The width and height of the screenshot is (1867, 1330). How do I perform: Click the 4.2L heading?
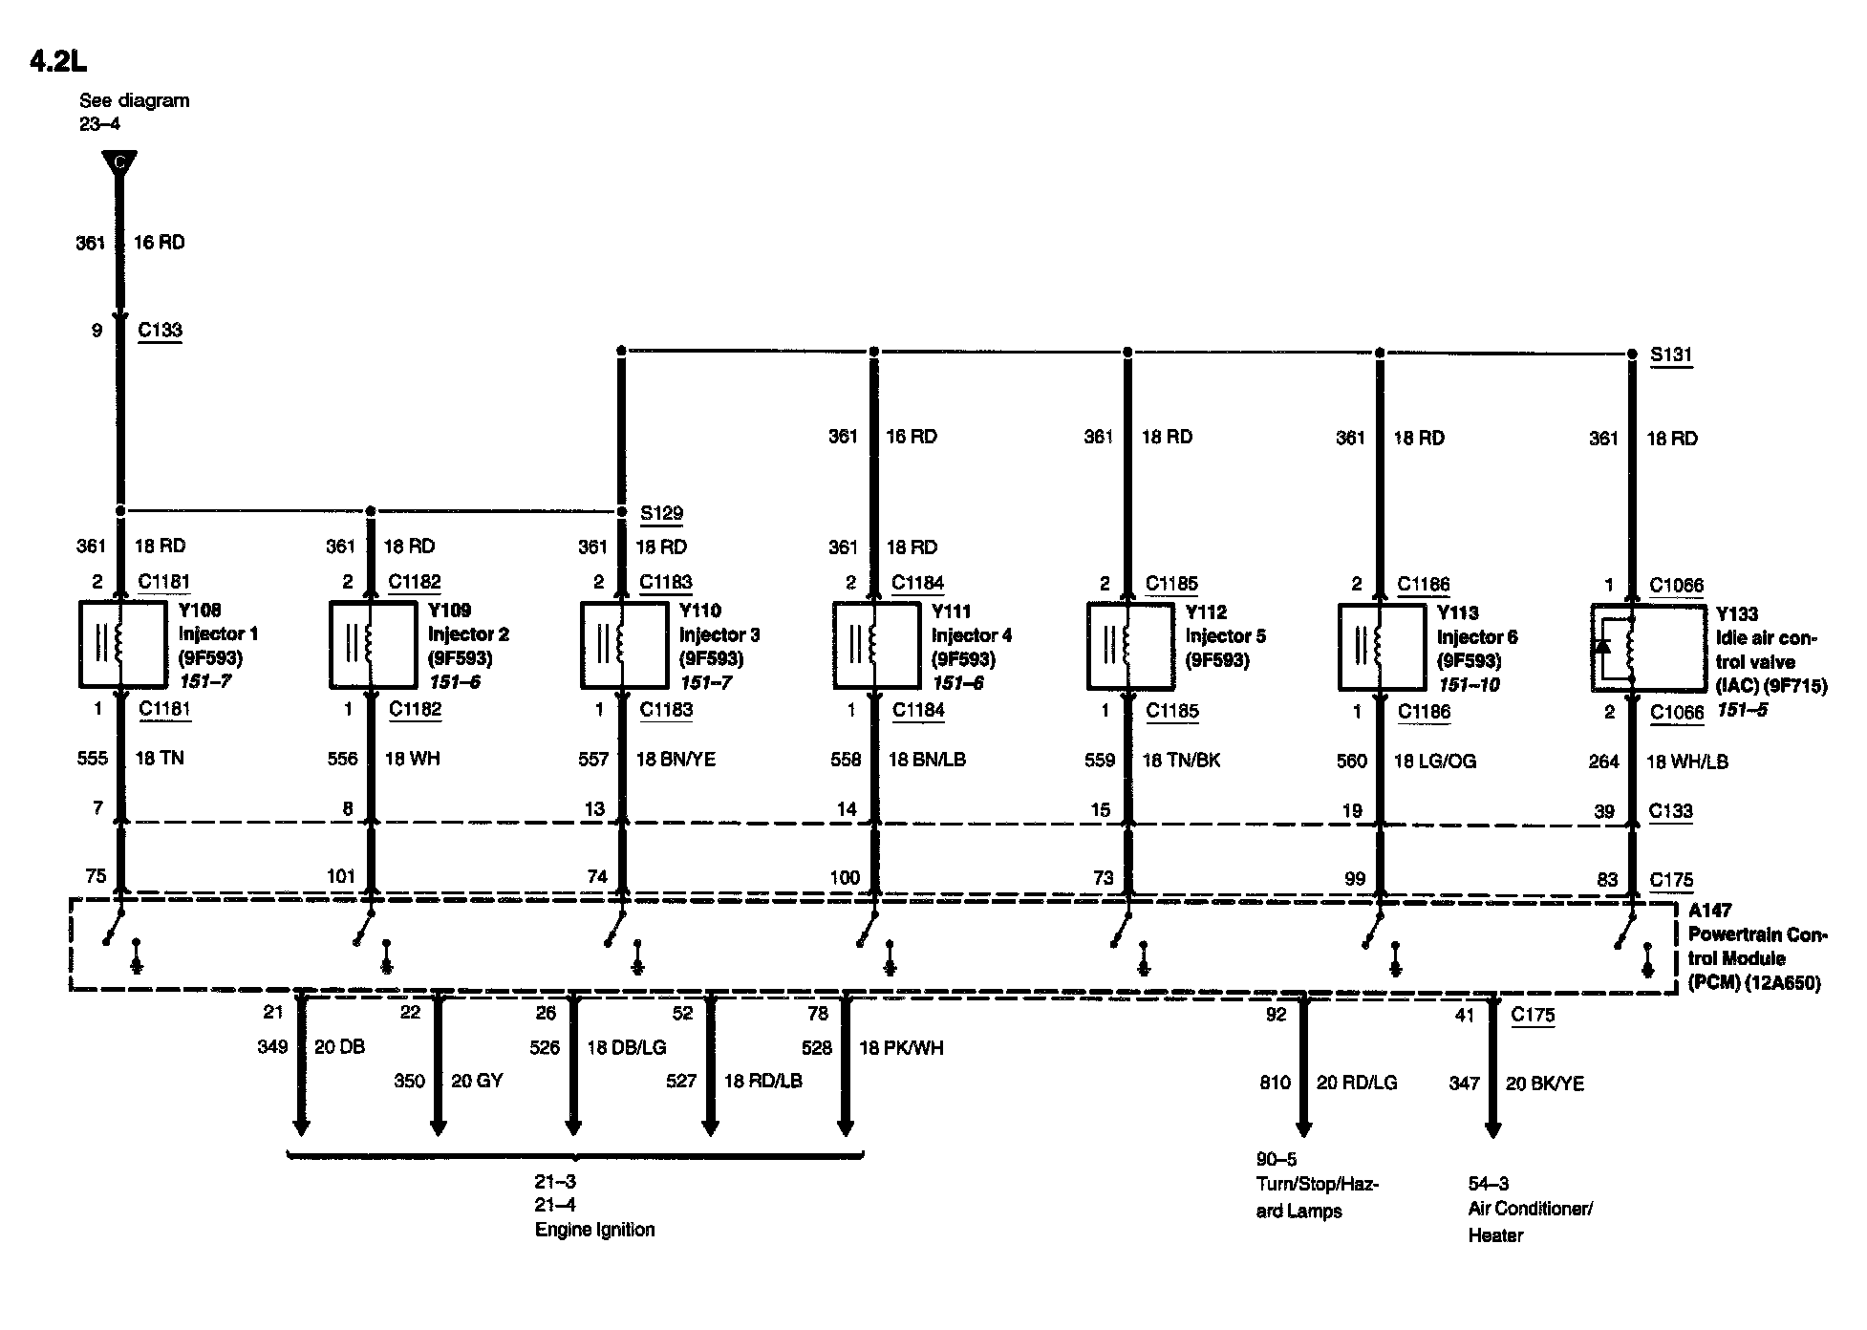(57, 61)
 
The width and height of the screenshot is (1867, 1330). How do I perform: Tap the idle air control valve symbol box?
(1647, 648)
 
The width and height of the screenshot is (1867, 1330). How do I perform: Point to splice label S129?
(661, 513)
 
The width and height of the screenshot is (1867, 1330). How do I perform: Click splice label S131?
(1671, 354)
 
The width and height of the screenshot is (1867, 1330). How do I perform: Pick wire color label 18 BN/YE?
(676, 759)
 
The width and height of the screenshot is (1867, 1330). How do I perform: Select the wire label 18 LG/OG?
(1435, 762)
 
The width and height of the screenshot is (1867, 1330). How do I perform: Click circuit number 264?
(1603, 762)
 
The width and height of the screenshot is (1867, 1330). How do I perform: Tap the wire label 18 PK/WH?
(901, 1048)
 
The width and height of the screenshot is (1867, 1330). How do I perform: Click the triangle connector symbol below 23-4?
(119, 164)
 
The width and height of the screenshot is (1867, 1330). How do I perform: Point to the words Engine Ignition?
(594, 1230)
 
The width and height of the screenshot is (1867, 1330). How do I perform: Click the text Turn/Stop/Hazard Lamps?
(1317, 1197)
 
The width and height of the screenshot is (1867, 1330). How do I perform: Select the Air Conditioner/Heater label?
(1530, 1221)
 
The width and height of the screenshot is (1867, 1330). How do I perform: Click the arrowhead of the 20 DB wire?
(301, 1127)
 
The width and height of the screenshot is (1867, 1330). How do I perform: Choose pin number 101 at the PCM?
(340, 876)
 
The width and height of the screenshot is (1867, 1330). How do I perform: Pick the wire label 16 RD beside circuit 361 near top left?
(159, 243)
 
